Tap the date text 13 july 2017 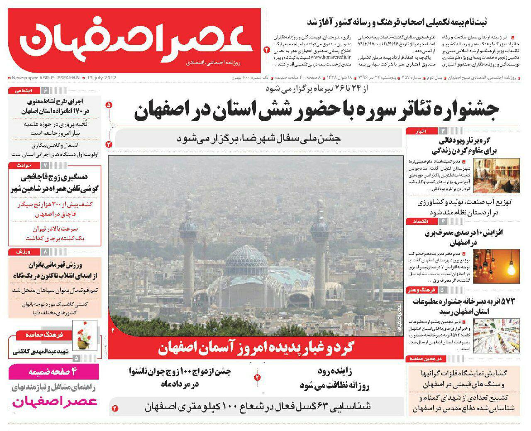(101, 78)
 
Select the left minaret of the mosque (188, 253)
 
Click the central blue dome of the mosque (247, 259)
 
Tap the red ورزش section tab (23, 252)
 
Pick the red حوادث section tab (23, 165)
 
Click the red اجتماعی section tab (23, 90)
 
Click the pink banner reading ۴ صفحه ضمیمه (54, 371)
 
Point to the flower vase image (85, 335)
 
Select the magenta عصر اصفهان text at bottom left (54, 402)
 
